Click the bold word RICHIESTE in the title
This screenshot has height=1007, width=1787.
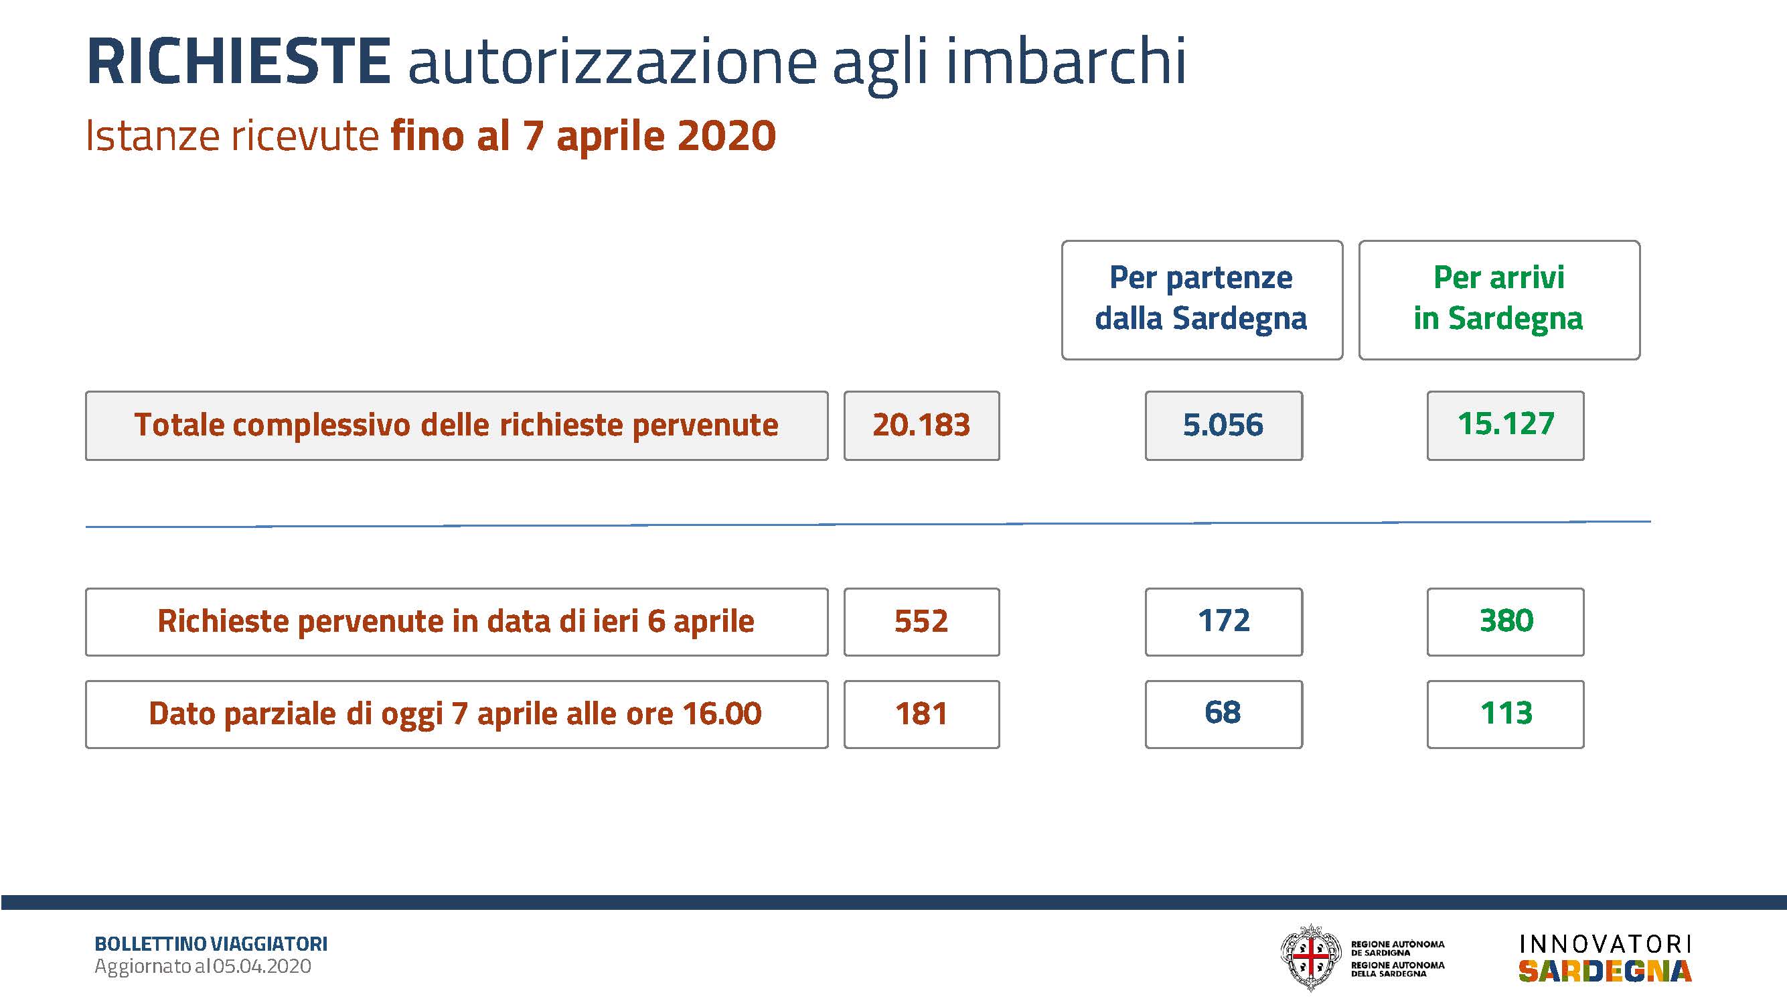(x=238, y=62)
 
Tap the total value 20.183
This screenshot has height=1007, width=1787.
(x=921, y=425)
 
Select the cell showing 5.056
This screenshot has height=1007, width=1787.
(x=1224, y=425)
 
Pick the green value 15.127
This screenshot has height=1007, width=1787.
(x=1505, y=425)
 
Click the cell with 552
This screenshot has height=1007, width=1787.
(x=921, y=621)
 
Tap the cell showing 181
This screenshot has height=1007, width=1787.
(x=921, y=714)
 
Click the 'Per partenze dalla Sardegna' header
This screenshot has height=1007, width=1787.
(x=1202, y=299)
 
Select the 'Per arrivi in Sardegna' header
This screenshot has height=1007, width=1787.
(x=1499, y=299)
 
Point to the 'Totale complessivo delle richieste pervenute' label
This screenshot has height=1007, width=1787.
(x=457, y=425)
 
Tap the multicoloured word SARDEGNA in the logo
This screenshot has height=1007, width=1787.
(x=1605, y=971)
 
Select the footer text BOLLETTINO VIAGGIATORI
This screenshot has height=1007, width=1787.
(x=211, y=944)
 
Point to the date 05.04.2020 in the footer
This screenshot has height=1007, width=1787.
(x=262, y=966)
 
